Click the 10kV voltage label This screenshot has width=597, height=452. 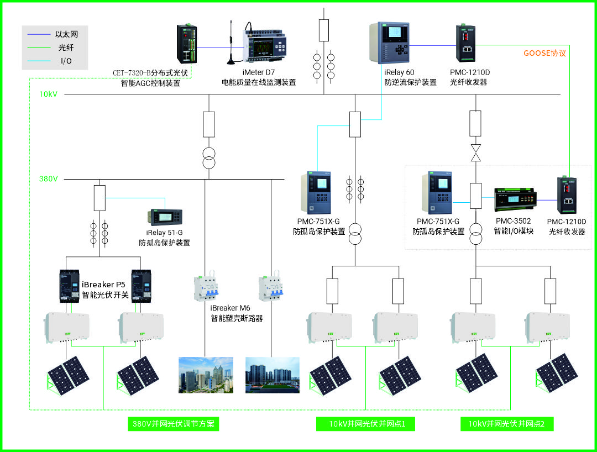(x=48, y=94)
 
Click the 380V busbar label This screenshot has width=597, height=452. (x=49, y=179)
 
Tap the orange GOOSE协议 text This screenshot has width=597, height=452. (x=544, y=54)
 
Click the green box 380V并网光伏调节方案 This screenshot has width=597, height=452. (x=173, y=424)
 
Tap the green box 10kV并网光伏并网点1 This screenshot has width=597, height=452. (x=365, y=424)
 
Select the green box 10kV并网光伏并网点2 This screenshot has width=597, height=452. (x=507, y=424)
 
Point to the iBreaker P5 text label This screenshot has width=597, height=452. (x=105, y=285)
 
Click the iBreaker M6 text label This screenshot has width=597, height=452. (x=232, y=308)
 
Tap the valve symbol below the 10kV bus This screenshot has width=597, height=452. (x=475, y=153)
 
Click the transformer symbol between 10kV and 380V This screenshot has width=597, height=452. (x=208, y=158)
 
